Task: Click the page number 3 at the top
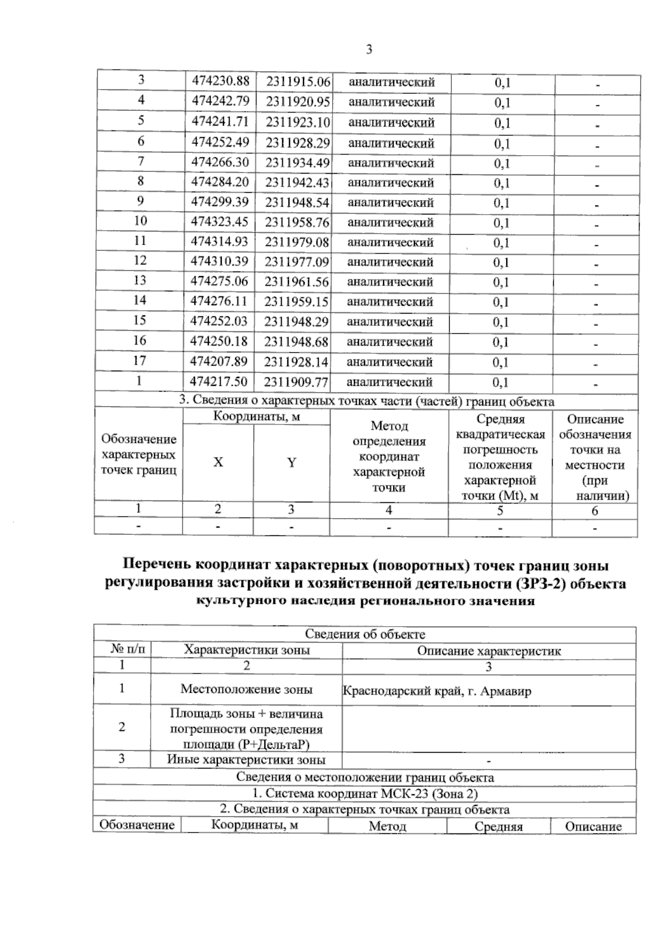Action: (369, 50)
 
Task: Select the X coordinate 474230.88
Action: (220, 81)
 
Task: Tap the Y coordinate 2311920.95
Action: (297, 102)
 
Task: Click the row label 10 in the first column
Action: (141, 221)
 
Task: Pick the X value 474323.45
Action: (220, 222)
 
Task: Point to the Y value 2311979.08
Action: (297, 242)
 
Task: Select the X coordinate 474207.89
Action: (219, 361)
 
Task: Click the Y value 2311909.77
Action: (296, 382)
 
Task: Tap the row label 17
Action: (139, 361)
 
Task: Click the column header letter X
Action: (218, 463)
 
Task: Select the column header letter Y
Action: (292, 463)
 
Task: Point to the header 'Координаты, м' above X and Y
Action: (256, 417)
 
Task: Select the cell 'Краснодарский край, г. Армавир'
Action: (437, 691)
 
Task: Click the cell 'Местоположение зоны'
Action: (246, 690)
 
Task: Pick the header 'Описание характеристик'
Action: (489, 651)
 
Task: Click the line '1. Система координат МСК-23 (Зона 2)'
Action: (365, 794)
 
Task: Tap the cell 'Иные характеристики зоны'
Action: (246, 760)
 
